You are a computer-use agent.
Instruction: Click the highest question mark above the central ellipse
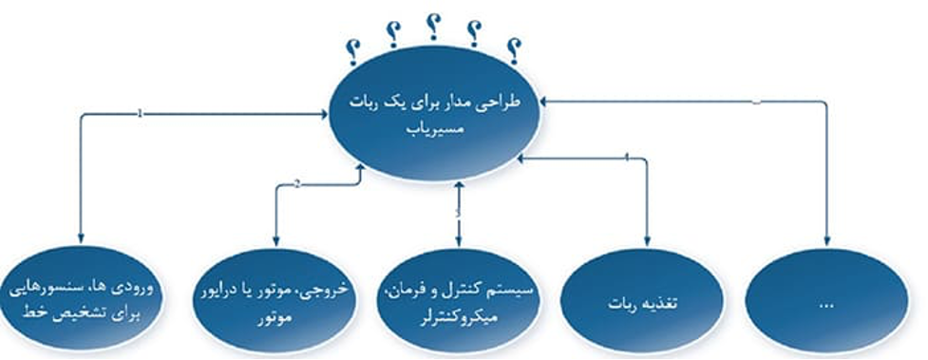pyautogui.click(x=432, y=25)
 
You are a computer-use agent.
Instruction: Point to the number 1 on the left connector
pyautogui.click(x=141, y=113)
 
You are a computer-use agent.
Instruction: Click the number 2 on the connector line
pyautogui.click(x=297, y=184)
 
